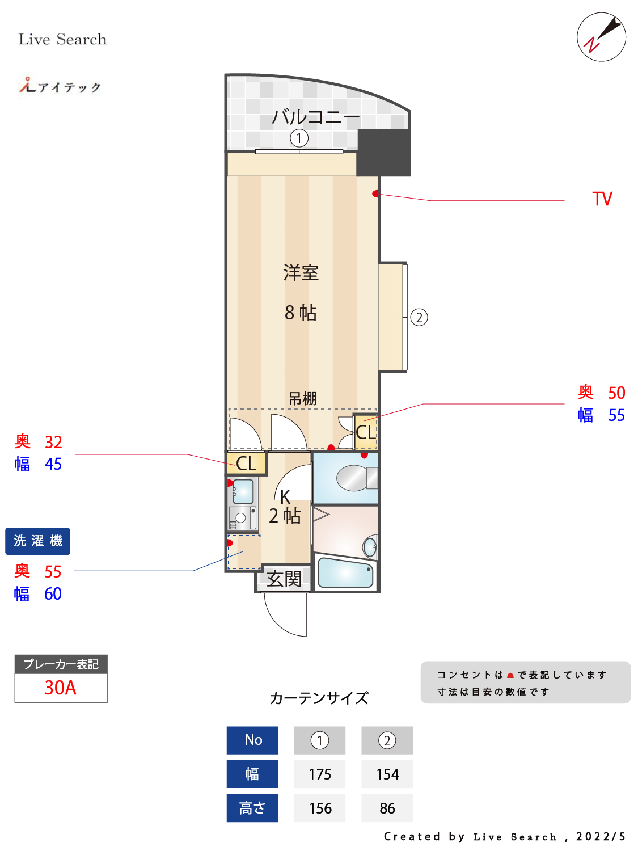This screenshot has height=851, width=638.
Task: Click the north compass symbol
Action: (601, 37)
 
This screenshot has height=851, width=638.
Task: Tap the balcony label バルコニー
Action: (315, 117)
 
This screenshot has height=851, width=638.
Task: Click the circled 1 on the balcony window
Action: (299, 138)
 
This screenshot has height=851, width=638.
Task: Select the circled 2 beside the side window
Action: (419, 317)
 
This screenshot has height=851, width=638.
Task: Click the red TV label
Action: (602, 199)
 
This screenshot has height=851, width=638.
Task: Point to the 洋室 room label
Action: (301, 273)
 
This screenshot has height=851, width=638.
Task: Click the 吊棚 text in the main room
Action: (302, 399)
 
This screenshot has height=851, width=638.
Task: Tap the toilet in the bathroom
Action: (355, 478)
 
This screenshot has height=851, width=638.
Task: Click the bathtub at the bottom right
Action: (345, 573)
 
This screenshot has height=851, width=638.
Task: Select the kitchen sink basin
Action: (243, 491)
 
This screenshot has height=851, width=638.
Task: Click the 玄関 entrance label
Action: (284, 579)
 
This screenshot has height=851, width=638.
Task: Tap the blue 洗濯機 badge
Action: (38, 541)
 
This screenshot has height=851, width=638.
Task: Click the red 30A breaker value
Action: (61, 688)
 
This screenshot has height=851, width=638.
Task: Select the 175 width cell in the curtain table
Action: (320, 774)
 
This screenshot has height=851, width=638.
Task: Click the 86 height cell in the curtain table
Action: (387, 808)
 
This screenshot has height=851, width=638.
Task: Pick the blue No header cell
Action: (252, 740)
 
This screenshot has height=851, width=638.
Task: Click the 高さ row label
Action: (252, 808)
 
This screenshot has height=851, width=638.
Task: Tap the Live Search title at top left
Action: (62, 39)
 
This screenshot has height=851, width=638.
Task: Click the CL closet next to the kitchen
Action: (246, 463)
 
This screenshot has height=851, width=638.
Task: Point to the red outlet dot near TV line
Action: (375, 194)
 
